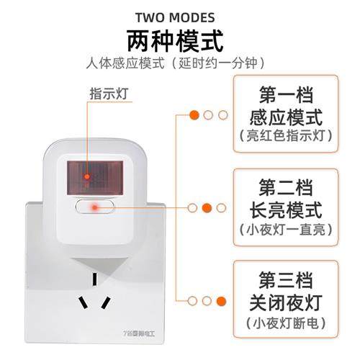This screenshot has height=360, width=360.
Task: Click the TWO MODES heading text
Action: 179,15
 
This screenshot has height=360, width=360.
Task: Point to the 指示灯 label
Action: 104,94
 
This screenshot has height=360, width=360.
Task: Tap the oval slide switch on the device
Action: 94,207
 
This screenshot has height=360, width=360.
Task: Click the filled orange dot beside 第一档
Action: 194,114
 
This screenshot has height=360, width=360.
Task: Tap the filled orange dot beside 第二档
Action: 207,208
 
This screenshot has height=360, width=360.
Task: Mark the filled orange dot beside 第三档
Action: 221,301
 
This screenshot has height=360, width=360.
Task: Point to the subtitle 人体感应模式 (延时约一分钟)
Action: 179,63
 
